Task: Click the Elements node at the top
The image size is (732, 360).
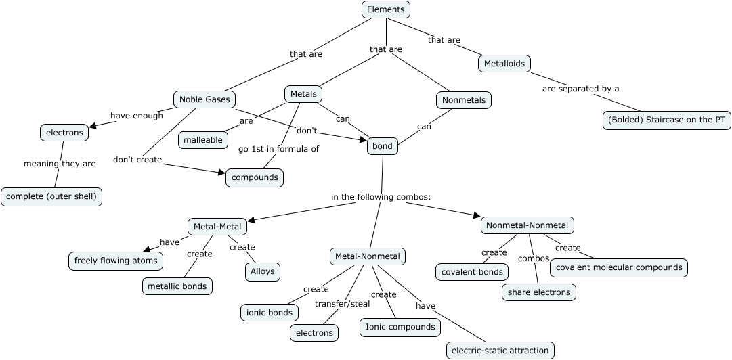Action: tap(386, 9)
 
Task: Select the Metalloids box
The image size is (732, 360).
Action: tap(504, 64)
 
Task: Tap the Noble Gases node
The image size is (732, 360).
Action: tap(204, 99)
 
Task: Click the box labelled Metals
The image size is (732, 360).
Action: tap(303, 94)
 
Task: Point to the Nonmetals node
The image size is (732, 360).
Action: tap(463, 100)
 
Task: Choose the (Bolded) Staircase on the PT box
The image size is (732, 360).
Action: tap(666, 120)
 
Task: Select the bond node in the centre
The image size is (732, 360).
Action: tap(383, 145)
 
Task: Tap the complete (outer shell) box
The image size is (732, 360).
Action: tap(51, 197)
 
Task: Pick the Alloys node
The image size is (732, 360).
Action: tap(262, 271)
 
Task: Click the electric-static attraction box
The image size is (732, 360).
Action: tap(500, 350)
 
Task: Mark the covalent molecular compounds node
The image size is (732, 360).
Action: tap(619, 267)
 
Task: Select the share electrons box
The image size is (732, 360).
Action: tap(540, 292)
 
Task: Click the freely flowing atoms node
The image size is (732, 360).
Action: tap(116, 261)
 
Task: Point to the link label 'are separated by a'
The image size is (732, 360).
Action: tap(580, 89)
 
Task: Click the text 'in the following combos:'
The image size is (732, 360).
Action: tap(381, 197)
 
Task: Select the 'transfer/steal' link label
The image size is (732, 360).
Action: tap(342, 303)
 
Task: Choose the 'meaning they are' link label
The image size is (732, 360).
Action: tap(60, 164)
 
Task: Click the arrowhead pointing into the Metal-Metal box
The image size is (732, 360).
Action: tap(251, 220)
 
